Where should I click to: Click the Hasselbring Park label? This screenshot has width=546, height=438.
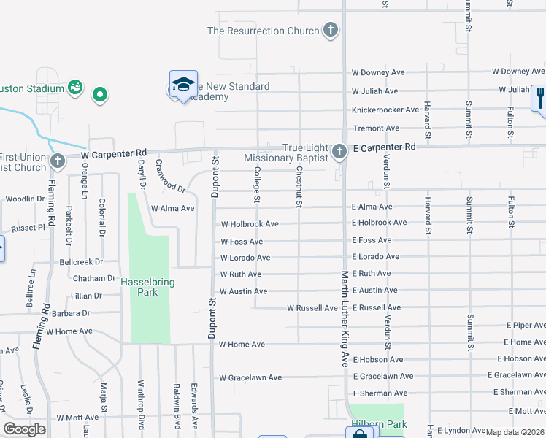coord(139,286)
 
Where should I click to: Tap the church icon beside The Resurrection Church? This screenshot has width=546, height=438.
coord(331,31)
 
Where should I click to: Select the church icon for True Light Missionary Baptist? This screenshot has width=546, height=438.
coord(338,152)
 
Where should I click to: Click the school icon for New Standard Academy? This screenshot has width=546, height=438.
coord(183,84)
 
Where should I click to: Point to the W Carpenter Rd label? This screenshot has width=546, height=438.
coord(114,155)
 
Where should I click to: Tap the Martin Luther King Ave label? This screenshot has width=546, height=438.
coord(345,318)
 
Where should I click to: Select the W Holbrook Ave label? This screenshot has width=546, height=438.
coord(250,224)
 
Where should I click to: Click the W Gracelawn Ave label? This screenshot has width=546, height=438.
coord(250,377)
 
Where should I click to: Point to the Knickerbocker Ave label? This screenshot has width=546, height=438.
coord(385,109)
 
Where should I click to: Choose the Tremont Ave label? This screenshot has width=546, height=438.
coord(376,128)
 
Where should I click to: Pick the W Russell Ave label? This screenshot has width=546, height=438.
coord(312,308)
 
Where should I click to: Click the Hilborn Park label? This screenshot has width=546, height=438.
coord(376,423)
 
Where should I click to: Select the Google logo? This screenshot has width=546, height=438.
coord(24,429)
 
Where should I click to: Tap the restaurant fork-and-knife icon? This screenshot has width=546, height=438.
coord(539,97)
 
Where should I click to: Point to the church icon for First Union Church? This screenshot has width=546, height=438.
coord(58,161)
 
